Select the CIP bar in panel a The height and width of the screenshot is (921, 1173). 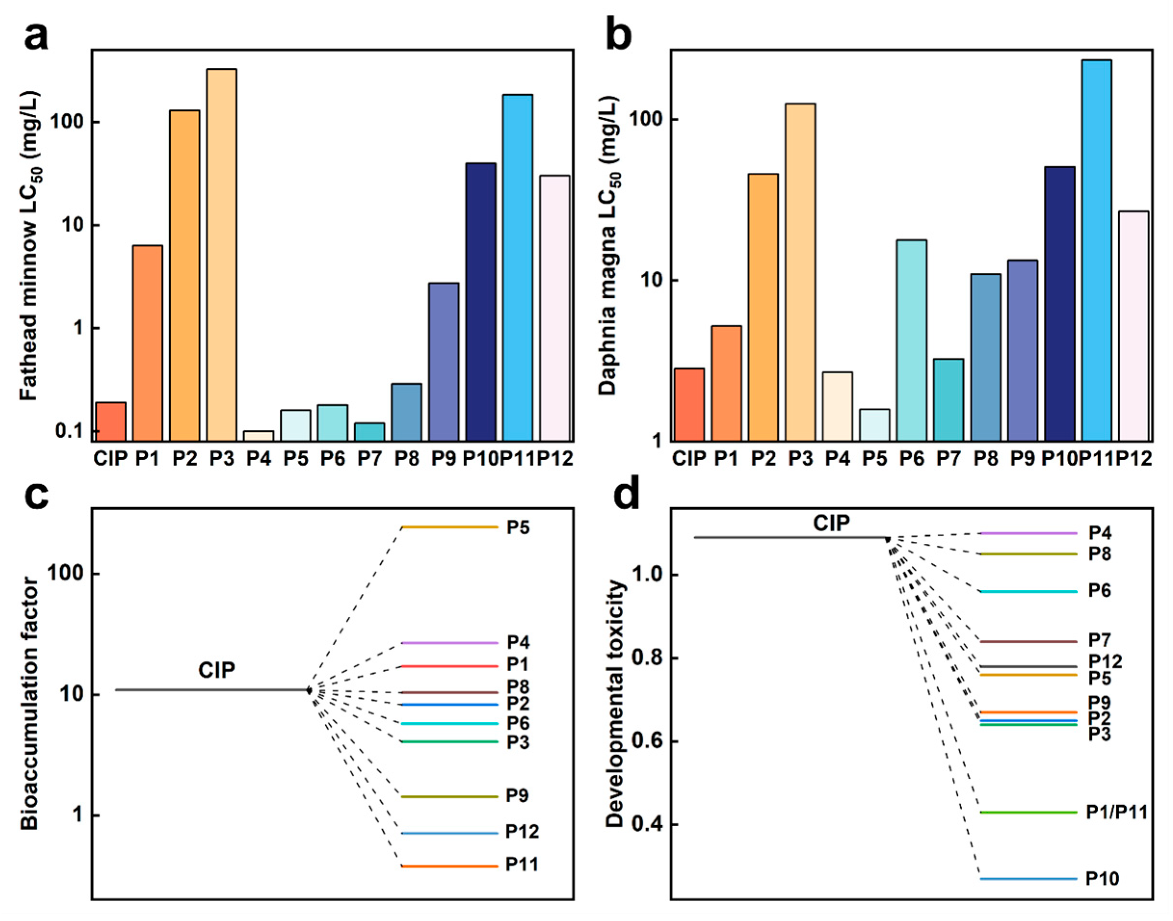[x=111, y=422]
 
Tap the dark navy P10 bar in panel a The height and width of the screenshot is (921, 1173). [x=481, y=302]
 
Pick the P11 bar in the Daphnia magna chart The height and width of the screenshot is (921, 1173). [x=1096, y=251]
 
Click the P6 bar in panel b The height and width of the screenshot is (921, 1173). [x=912, y=341]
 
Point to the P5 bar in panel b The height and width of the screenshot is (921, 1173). [x=874, y=425]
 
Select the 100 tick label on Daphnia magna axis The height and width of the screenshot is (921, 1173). [x=646, y=119]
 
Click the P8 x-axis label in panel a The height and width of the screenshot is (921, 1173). [x=407, y=459]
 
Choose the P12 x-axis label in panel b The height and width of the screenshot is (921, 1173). [x=1134, y=459]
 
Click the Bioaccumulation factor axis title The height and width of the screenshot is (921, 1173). [x=30, y=704]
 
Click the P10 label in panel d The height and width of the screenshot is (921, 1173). [x=1102, y=879]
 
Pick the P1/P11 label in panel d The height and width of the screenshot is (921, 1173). [x=1116, y=812]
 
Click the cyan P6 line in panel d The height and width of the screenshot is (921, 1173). [x=1029, y=591]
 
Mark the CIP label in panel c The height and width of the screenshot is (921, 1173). [x=216, y=670]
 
